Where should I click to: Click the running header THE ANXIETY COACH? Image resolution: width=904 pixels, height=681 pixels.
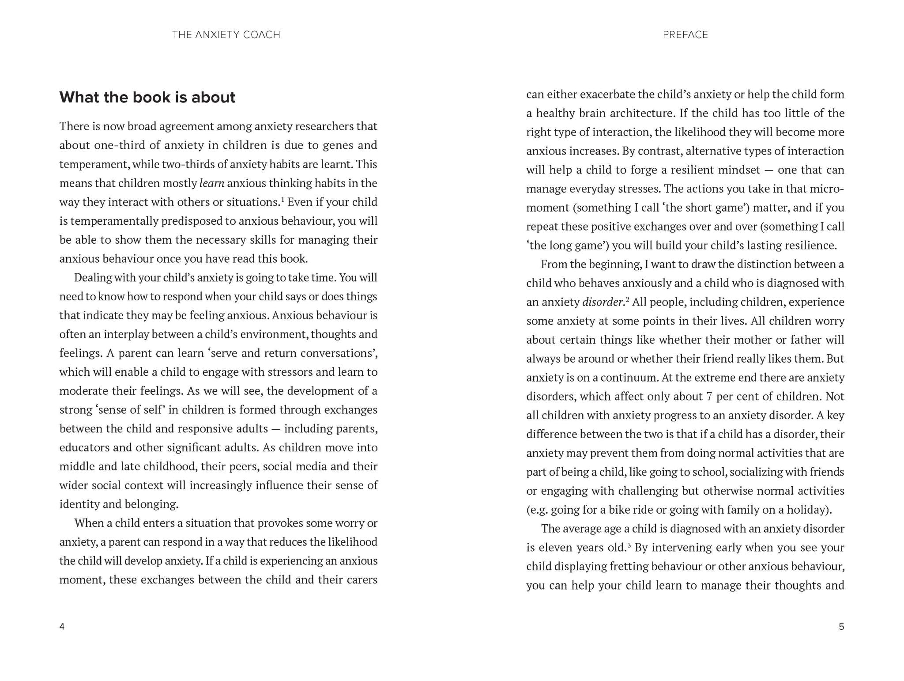pyautogui.click(x=226, y=35)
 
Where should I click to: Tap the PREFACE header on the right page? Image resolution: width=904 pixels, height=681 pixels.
pyautogui.click(x=685, y=35)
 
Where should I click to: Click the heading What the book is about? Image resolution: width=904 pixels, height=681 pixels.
pyautogui.click(x=147, y=97)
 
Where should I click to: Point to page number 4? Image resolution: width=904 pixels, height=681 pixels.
pyautogui.click(x=62, y=626)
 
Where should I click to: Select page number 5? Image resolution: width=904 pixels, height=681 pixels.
pyautogui.click(x=841, y=626)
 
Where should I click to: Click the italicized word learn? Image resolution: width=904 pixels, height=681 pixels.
pyautogui.click(x=212, y=183)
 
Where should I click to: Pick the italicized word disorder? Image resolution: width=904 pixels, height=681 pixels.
pyautogui.click(x=603, y=302)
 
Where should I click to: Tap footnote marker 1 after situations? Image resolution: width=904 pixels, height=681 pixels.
pyautogui.click(x=282, y=199)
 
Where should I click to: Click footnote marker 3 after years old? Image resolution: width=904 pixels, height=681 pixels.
pyautogui.click(x=628, y=545)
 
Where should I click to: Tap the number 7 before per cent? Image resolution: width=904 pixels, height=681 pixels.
pyautogui.click(x=709, y=397)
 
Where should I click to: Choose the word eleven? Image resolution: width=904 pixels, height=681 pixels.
pyautogui.click(x=554, y=548)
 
